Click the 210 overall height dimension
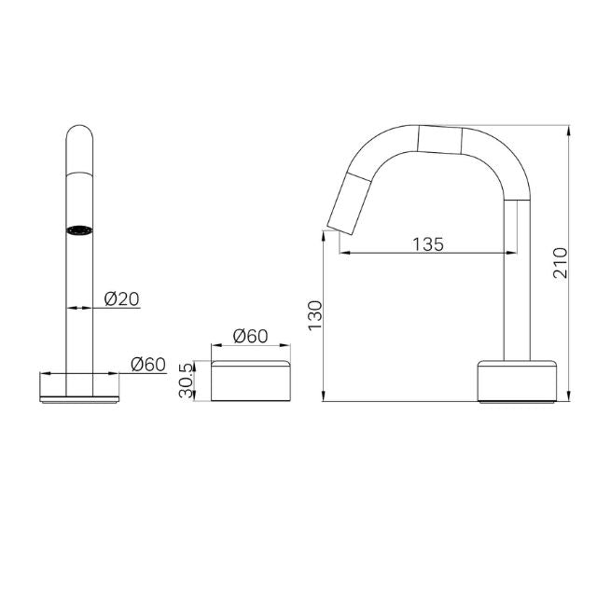[x=560, y=264]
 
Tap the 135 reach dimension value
[x=427, y=244]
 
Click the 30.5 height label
[x=187, y=381]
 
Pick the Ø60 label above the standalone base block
[x=250, y=335]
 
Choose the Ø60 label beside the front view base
[x=148, y=364]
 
